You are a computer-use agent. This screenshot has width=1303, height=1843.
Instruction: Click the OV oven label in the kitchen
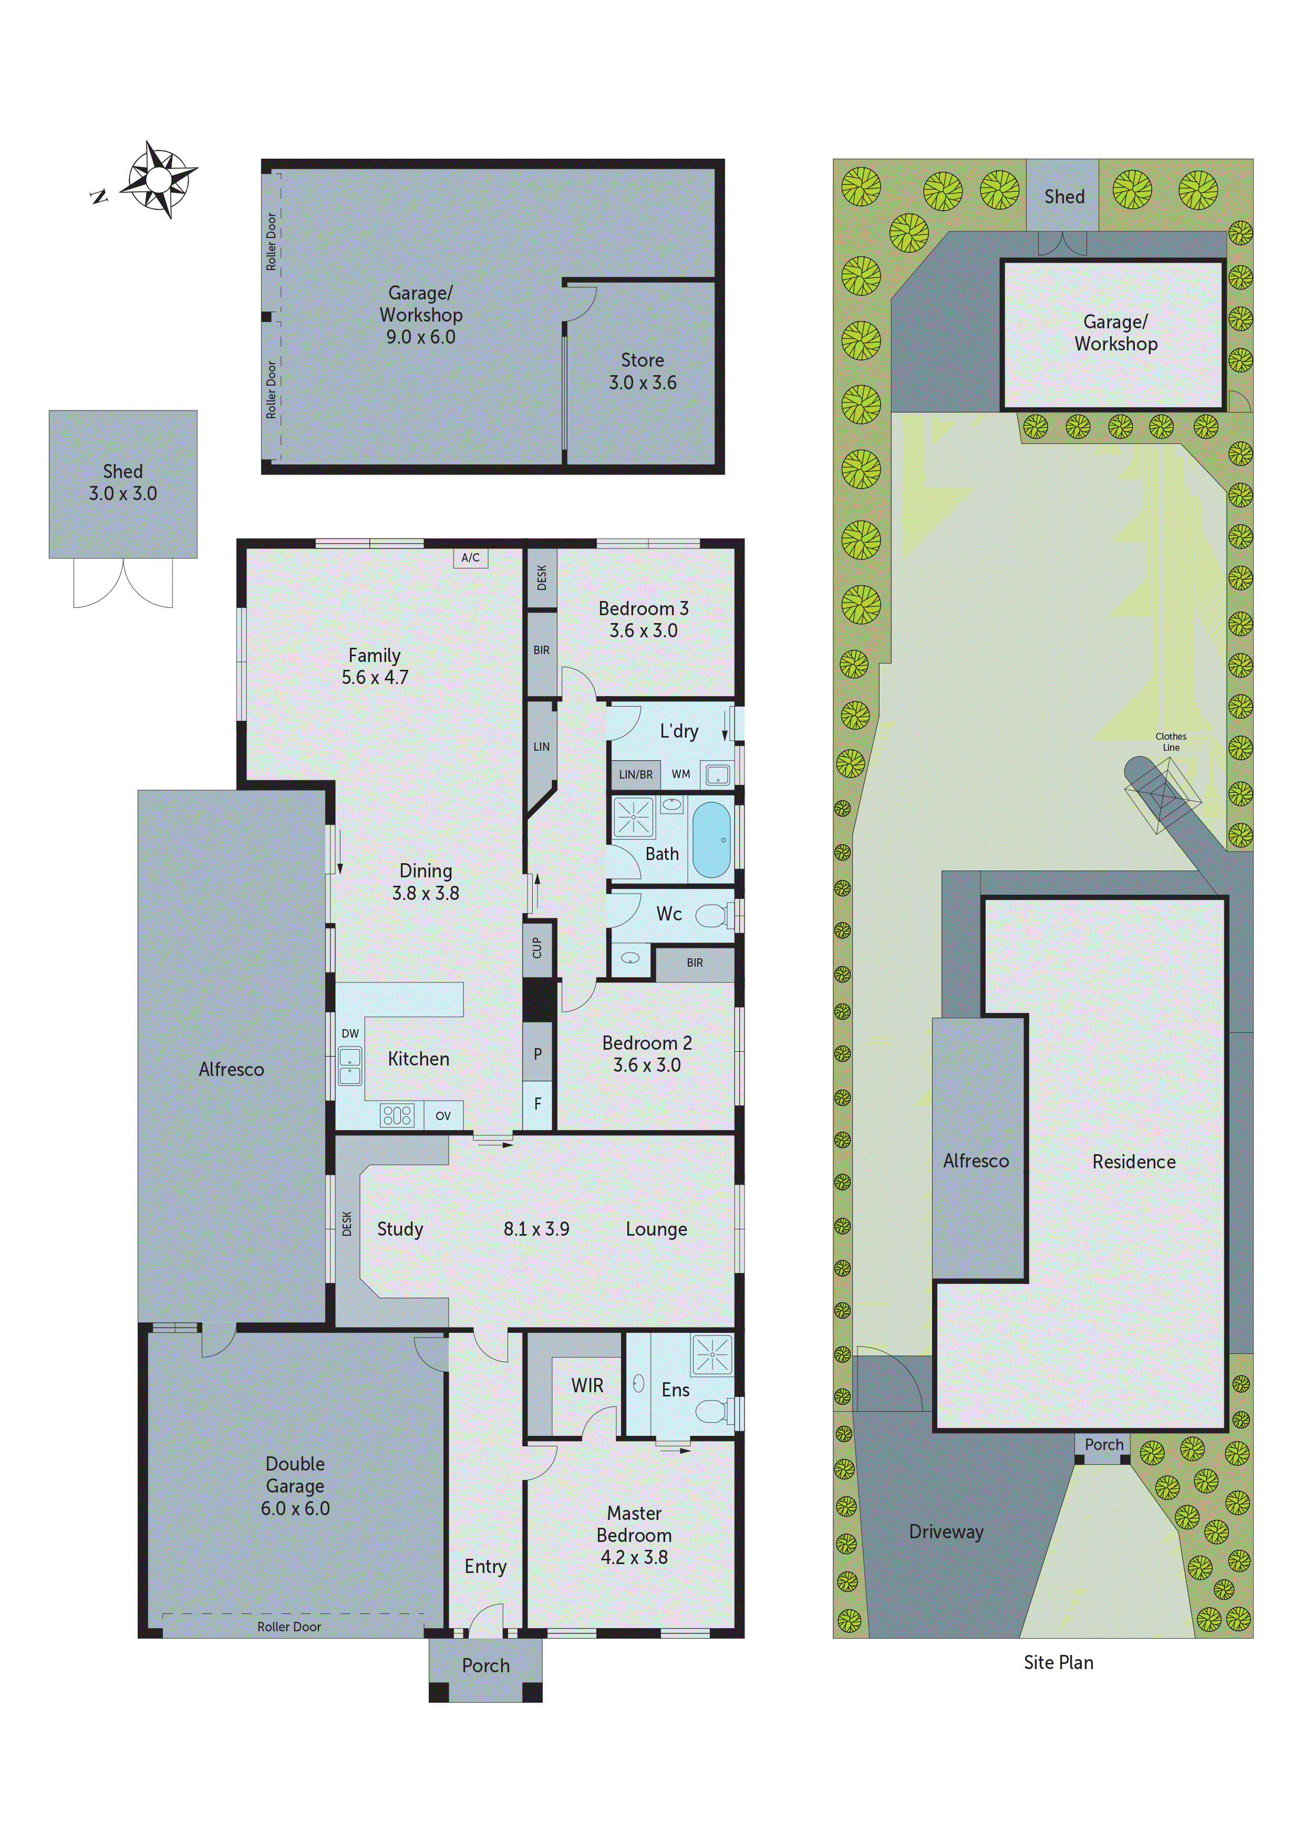[x=443, y=1116]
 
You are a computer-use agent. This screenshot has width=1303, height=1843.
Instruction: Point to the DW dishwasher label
[x=350, y=1033]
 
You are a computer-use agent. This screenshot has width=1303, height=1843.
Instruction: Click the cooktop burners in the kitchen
[x=397, y=1115]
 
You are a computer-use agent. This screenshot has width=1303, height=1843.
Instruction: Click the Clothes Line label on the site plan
[x=1171, y=742]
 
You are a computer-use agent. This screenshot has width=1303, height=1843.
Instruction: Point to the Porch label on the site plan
[x=1104, y=1444]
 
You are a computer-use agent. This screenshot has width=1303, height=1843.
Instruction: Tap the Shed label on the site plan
[x=1064, y=196]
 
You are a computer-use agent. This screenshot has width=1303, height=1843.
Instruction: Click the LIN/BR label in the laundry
[x=635, y=774]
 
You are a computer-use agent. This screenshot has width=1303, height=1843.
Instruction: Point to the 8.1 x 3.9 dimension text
[x=536, y=1229]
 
